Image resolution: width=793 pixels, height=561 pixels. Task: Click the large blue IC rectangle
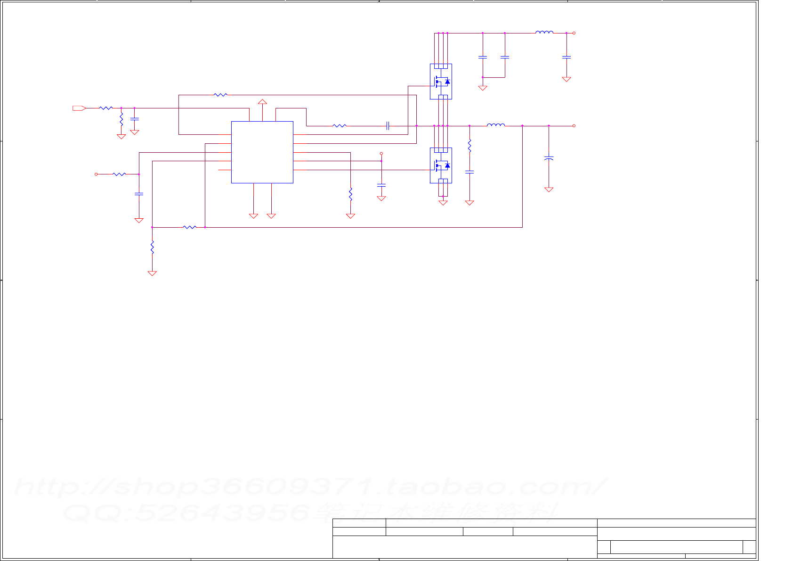pyautogui.click(x=262, y=152)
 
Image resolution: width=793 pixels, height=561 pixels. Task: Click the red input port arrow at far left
pyautogui.click(x=79, y=108)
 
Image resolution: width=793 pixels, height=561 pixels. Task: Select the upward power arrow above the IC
pyautogui.click(x=262, y=101)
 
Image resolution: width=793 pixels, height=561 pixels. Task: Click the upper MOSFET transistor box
pyautogui.click(x=441, y=81)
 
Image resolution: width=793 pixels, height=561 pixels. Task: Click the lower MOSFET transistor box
pyautogui.click(x=441, y=165)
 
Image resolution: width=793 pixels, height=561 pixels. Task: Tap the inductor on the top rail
pyautogui.click(x=544, y=33)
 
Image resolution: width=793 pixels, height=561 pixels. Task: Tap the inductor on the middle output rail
pyautogui.click(x=495, y=125)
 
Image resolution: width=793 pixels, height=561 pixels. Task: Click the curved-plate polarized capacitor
pyautogui.click(x=549, y=158)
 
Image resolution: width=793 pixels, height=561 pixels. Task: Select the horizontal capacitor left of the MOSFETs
pyautogui.click(x=388, y=126)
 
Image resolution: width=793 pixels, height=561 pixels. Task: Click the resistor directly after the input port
pyautogui.click(x=106, y=108)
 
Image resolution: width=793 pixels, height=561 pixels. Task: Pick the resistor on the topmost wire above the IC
pyautogui.click(x=220, y=95)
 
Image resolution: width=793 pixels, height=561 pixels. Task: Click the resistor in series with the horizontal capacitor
pyautogui.click(x=340, y=126)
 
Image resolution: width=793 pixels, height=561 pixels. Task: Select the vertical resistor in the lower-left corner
pyautogui.click(x=152, y=247)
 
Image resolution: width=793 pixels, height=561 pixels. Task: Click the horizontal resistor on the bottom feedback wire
pyautogui.click(x=189, y=227)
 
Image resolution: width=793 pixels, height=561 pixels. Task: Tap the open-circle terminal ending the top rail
pyautogui.click(x=574, y=33)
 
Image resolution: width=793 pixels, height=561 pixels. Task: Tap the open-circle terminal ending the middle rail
pyautogui.click(x=574, y=126)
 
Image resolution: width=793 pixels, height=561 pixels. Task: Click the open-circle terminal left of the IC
pyautogui.click(x=96, y=174)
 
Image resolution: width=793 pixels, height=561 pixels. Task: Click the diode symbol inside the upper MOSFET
pyautogui.click(x=447, y=82)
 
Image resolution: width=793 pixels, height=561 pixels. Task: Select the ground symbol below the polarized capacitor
pyautogui.click(x=549, y=190)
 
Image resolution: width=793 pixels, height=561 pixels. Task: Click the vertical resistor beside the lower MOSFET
pyautogui.click(x=469, y=146)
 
